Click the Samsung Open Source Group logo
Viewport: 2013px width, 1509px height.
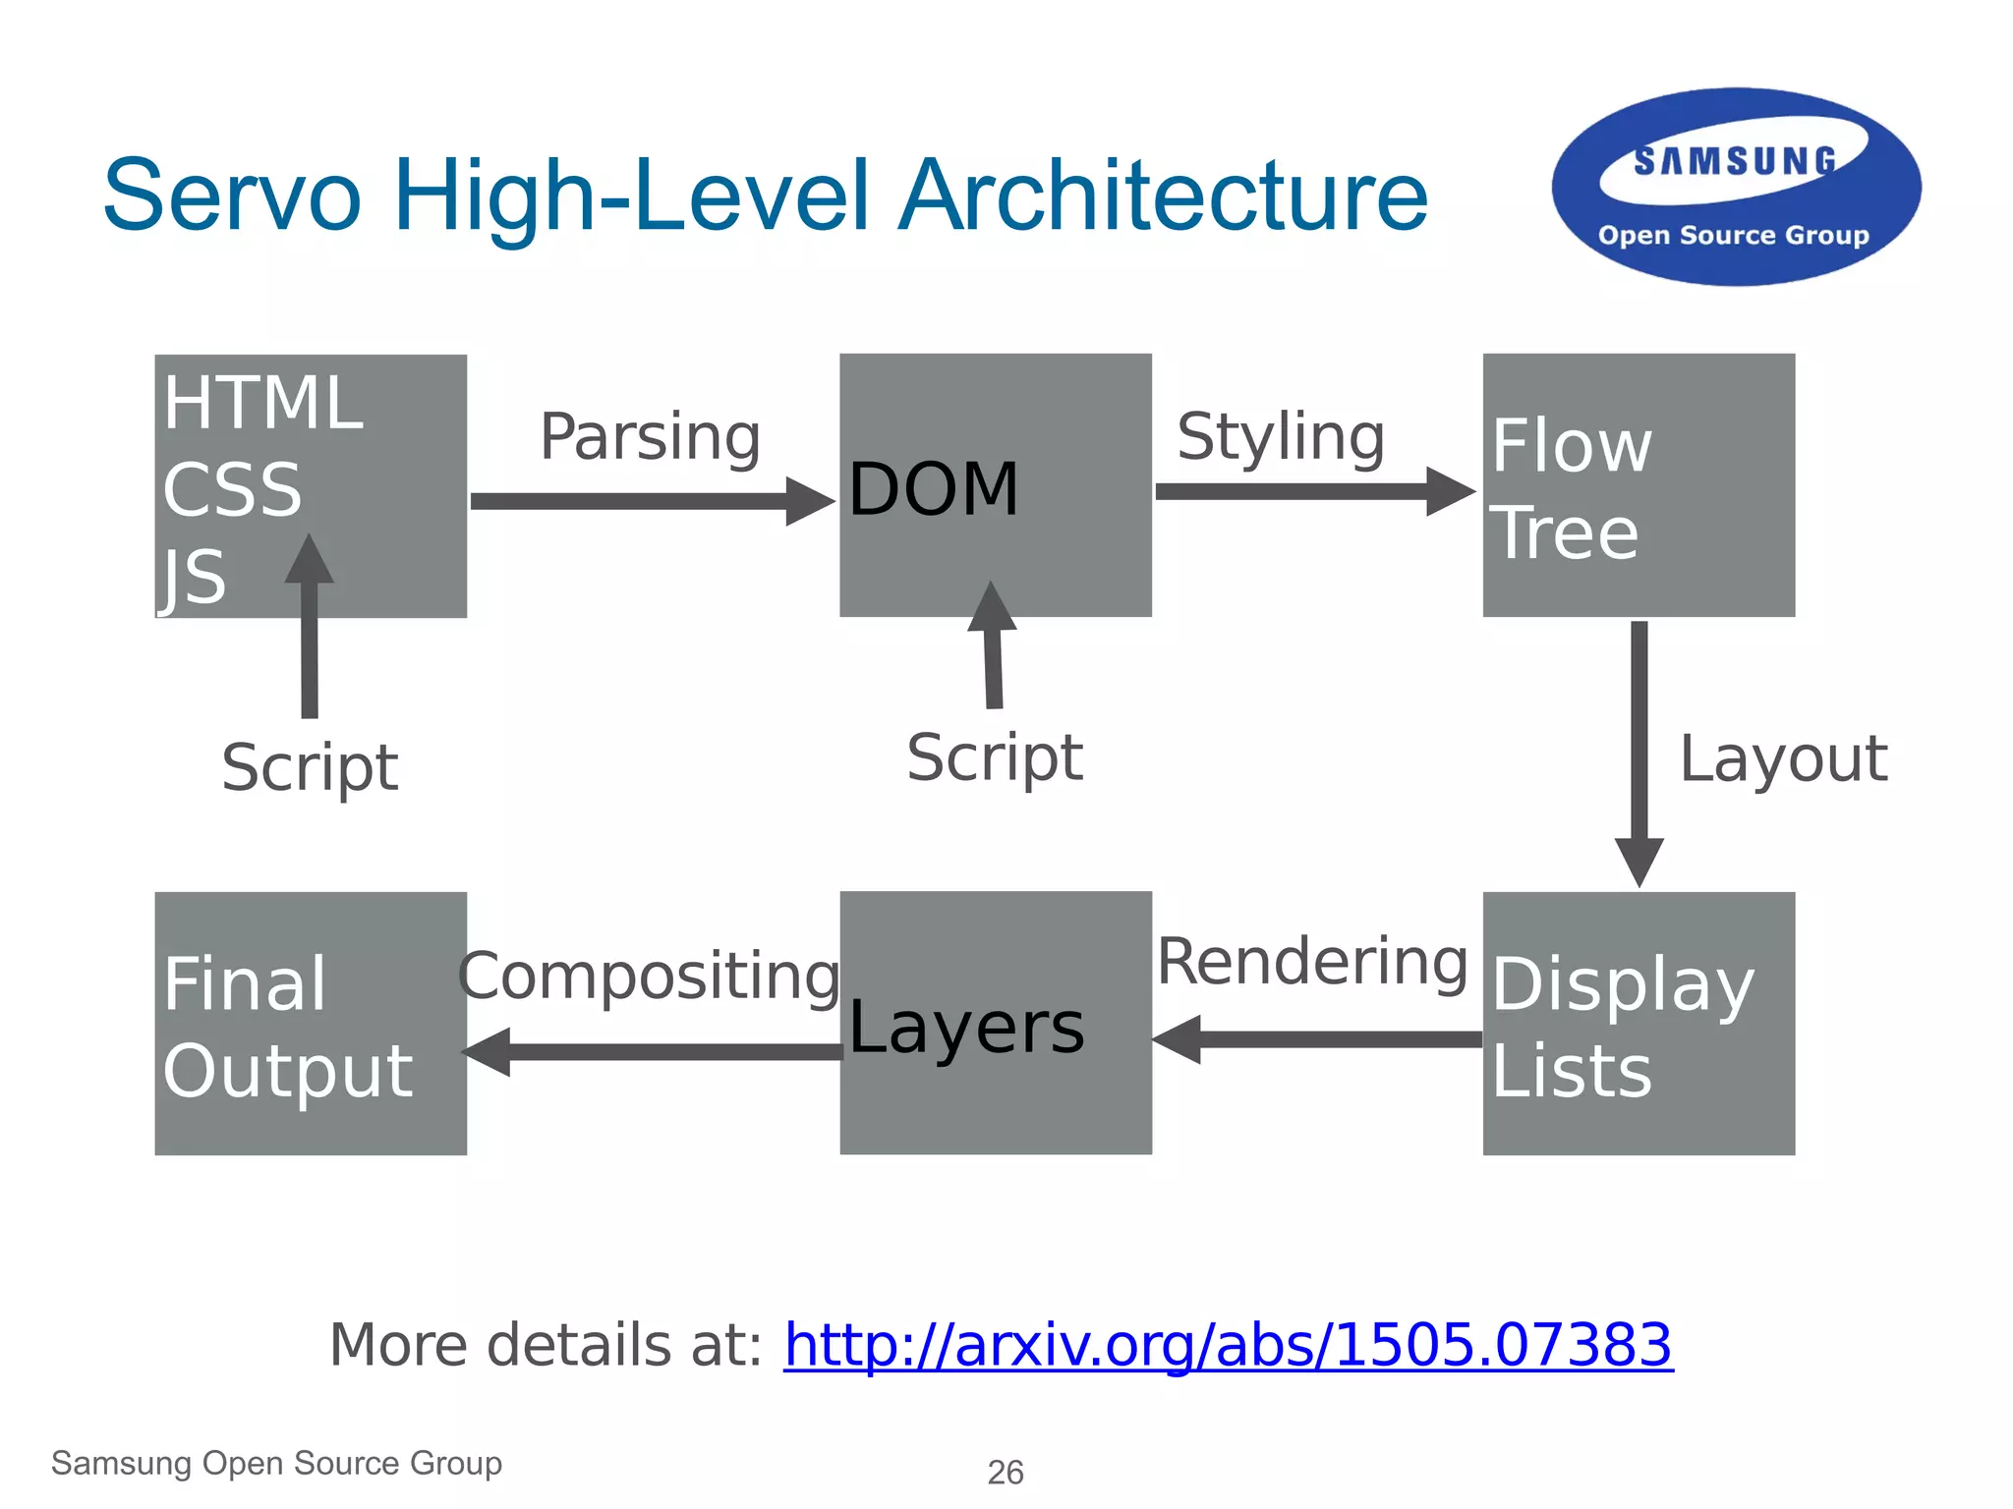click(1736, 188)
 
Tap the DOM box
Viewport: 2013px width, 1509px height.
click(995, 485)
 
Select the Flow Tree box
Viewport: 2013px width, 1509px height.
click(1639, 485)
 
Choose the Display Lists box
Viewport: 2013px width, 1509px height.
click(1639, 1023)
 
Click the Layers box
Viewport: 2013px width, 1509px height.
click(995, 1023)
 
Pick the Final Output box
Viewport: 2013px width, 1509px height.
click(311, 1023)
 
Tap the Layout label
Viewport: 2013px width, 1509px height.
click(1783, 758)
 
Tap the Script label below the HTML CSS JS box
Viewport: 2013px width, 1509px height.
click(310, 767)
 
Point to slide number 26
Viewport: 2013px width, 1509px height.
click(1006, 1473)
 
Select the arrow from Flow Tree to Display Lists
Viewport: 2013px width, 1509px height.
click(1639, 752)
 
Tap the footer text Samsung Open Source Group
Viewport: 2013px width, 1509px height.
click(276, 1463)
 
